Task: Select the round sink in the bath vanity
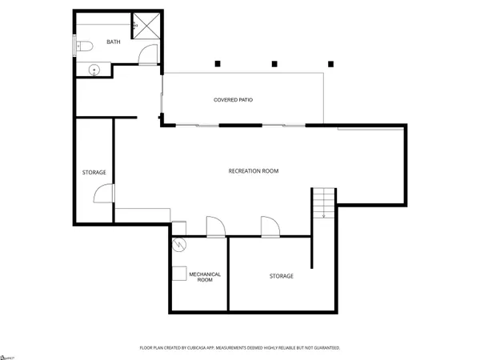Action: click(x=94, y=70)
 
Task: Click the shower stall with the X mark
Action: click(x=146, y=26)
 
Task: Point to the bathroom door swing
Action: click(x=145, y=54)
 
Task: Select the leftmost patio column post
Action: click(x=217, y=63)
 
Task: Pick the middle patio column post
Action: click(x=273, y=63)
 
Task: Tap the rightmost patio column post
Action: click(x=329, y=63)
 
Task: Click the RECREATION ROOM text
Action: click(x=253, y=171)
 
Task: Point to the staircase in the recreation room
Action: click(x=323, y=202)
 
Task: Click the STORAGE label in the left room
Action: click(x=94, y=173)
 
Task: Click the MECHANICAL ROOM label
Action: click(x=204, y=278)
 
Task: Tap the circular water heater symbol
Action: click(x=180, y=245)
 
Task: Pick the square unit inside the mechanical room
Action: click(x=180, y=272)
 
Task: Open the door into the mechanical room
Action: click(x=215, y=226)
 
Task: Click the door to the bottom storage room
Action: click(x=269, y=226)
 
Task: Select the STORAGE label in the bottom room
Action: click(x=280, y=276)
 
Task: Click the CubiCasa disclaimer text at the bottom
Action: click(x=240, y=348)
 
